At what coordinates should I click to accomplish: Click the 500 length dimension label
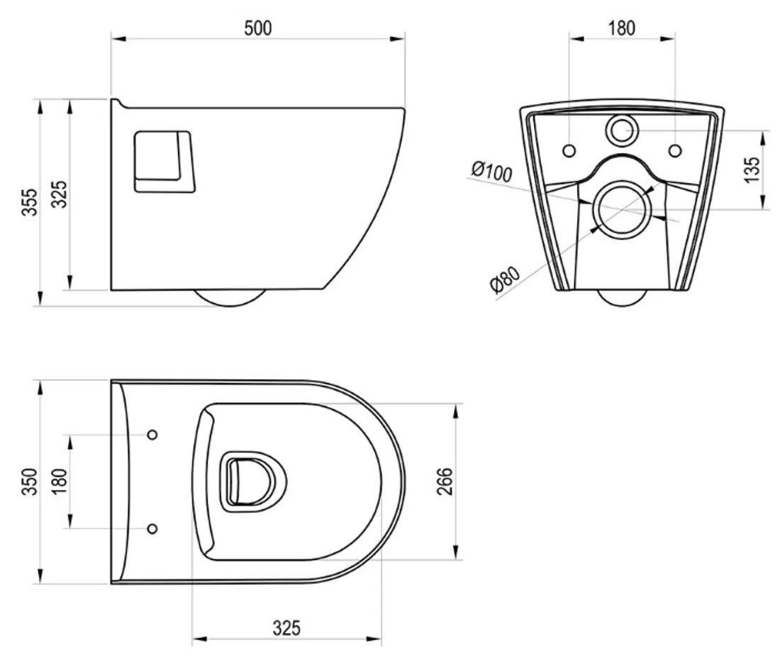(x=258, y=28)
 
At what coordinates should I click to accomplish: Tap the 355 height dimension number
(x=30, y=201)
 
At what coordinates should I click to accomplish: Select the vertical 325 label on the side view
(x=59, y=194)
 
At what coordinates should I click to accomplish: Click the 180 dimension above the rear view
(x=621, y=28)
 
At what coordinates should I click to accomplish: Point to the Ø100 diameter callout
(x=491, y=171)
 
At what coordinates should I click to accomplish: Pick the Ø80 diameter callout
(x=504, y=279)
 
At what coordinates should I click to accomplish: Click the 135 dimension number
(x=752, y=169)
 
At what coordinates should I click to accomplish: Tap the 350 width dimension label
(x=30, y=481)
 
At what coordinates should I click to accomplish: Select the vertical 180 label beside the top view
(x=59, y=481)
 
